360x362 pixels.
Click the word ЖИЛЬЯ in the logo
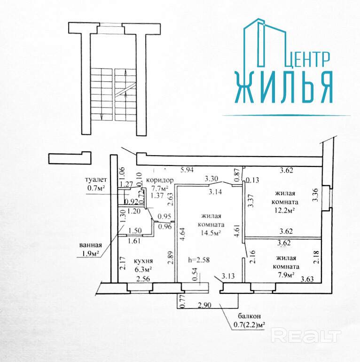pyautogui.click(x=284, y=87)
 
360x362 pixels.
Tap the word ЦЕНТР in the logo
pyautogui.click(x=308, y=59)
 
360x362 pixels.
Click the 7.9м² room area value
pyautogui.click(x=285, y=275)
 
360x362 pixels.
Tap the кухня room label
pyautogui.click(x=143, y=261)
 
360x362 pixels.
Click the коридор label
pyautogui.click(x=160, y=180)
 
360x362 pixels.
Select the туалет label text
pyautogui.click(x=96, y=180)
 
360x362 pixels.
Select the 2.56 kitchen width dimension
pyautogui.click(x=143, y=279)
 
